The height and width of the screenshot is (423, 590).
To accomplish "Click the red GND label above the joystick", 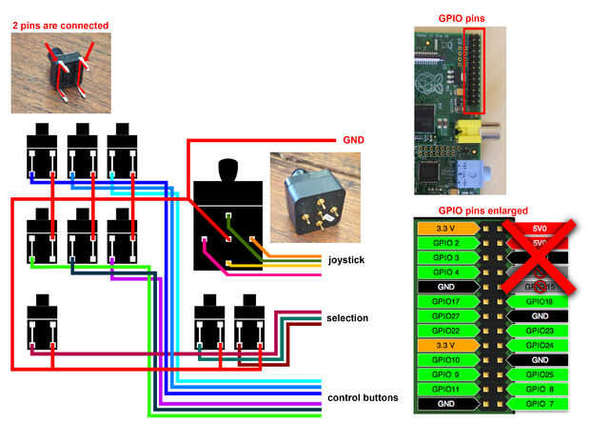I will point(354,141).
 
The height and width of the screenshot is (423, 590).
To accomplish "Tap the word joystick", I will point(347,259).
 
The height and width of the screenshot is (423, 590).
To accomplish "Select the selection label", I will point(347,318).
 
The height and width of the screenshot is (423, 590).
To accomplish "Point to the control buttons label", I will point(363,397).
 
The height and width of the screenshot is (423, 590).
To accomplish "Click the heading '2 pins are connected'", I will point(60,25).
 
